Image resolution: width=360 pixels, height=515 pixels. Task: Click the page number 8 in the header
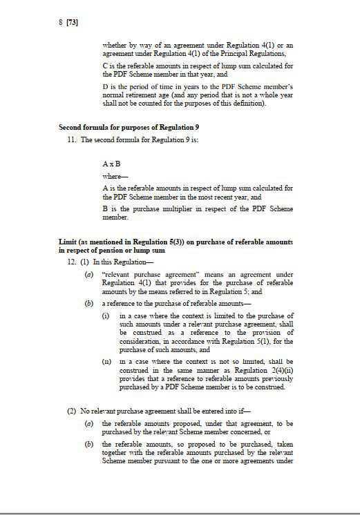click(x=61, y=22)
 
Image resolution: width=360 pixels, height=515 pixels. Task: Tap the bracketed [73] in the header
click(x=72, y=22)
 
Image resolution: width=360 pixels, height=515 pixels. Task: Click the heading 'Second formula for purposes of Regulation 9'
click(x=113, y=128)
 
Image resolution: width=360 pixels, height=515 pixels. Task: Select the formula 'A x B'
click(x=111, y=164)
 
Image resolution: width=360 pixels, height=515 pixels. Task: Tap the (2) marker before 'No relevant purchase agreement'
click(x=72, y=411)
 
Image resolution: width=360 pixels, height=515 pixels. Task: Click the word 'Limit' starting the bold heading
click(x=68, y=242)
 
